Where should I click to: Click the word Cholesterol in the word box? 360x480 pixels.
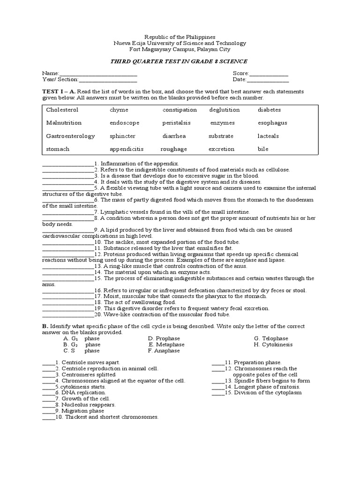coord(62,110)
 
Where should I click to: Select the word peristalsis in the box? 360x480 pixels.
coord(176,123)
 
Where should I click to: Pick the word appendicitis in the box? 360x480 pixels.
coord(127,149)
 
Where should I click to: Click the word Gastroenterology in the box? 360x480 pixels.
coord(70,136)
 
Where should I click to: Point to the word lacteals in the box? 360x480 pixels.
coord(268,136)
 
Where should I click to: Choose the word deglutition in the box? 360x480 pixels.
coord(225,110)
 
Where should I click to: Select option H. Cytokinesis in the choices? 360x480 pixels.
coord(273,345)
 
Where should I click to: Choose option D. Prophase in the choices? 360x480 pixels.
coord(164,338)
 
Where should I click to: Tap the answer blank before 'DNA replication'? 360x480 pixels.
coord(49,393)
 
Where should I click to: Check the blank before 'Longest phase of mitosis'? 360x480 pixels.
coord(218,387)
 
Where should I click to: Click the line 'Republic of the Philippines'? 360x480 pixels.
coord(180,37)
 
